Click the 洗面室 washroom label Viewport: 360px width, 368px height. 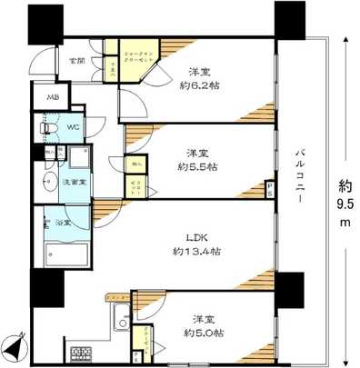pyautogui.click(x=74, y=183)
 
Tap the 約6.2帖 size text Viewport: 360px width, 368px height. pyautogui.click(x=205, y=85)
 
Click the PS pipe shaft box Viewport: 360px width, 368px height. pyautogui.click(x=270, y=189)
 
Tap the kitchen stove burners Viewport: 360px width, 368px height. pyautogui.click(x=76, y=353)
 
